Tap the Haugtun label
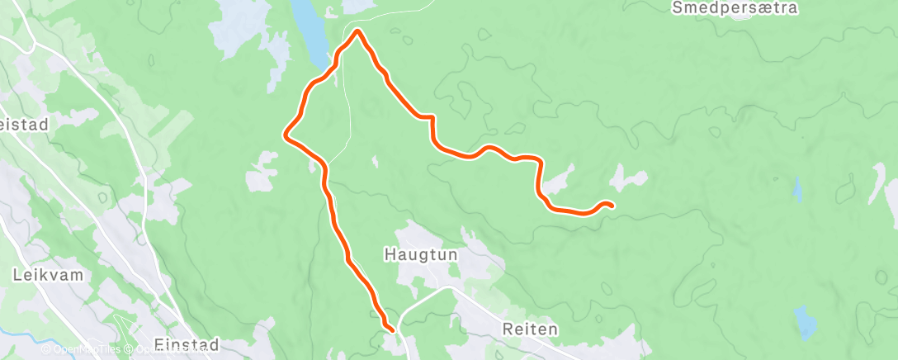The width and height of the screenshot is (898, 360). click(421, 256)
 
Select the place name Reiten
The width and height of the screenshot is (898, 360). click(530, 329)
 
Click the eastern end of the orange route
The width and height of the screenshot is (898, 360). click(611, 205)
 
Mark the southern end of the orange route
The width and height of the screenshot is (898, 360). click(388, 329)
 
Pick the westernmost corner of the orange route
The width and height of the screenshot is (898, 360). click(286, 135)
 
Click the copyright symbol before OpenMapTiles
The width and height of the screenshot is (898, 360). click(46, 350)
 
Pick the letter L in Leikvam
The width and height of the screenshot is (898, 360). click(17, 275)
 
